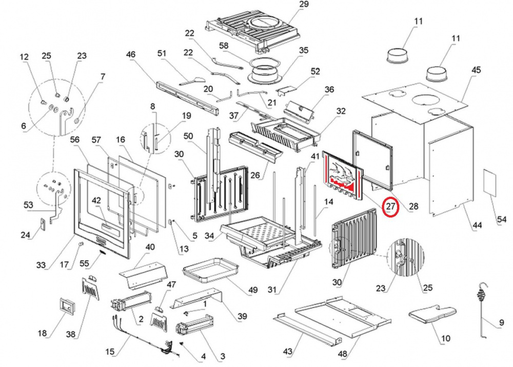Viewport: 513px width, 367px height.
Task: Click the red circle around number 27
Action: pos(392,207)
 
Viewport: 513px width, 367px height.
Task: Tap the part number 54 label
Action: pos(501,220)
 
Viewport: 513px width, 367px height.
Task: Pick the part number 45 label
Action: pos(477,70)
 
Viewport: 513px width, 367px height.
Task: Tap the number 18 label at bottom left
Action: pos(43,334)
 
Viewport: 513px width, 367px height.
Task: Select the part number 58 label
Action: pos(224,46)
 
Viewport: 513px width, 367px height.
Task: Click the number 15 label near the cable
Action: pos(110,352)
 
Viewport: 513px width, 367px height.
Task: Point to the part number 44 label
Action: pos(478,225)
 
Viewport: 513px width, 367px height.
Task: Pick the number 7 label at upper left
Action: pos(103,77)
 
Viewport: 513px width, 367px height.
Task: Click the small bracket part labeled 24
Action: pos(43,224)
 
